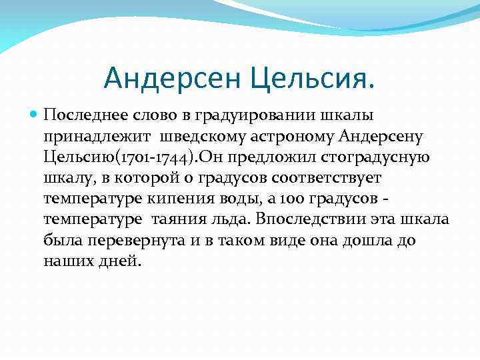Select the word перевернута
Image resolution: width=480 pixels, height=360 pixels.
click(x=133, y=241)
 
